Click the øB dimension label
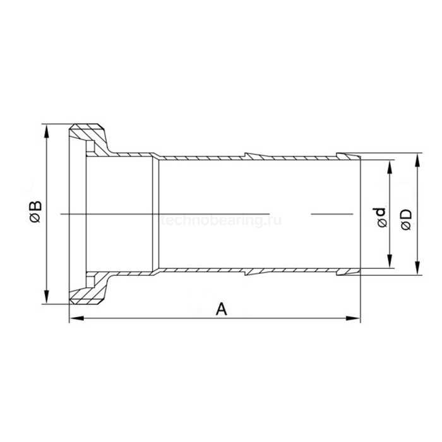pos(37,212)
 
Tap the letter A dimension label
pos(221,309)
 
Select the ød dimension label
pos(379,217)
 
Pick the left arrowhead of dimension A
pos(76,318)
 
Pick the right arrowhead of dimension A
pos(353,318)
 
